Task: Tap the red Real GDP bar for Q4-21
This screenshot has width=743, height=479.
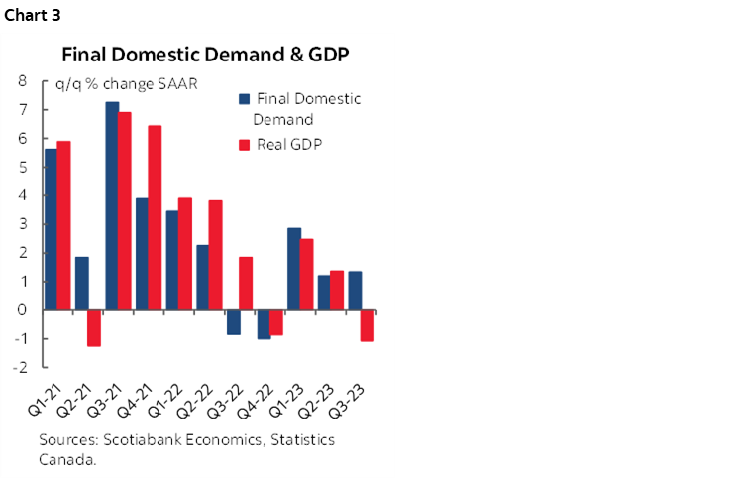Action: pos(156,217)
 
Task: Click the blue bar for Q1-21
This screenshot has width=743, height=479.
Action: pos(52,228)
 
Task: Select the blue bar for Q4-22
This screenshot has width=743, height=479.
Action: pos(264,324)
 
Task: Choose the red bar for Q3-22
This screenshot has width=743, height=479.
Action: pos(247,283)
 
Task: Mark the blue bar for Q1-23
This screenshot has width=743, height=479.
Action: pos(294,269)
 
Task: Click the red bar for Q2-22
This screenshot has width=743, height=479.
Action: pos(216,255)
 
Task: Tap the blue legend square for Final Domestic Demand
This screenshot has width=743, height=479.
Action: pos(244,99)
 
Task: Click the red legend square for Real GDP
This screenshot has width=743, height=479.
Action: pos(244,145)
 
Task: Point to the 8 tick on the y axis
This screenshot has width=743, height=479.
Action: pos(22,82)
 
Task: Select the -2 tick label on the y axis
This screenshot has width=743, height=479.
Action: pos(19,367)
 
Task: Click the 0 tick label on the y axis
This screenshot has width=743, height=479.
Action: pos(22,310)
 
